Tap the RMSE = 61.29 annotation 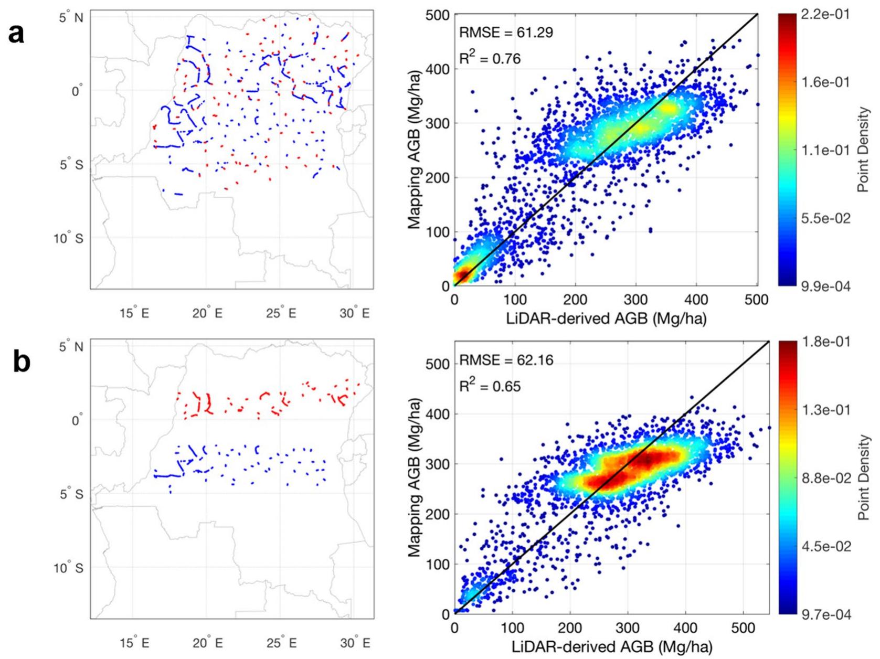click(506, 32)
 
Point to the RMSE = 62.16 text click(506, 360)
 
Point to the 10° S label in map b click(69, 568)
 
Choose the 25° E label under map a click(281, 313)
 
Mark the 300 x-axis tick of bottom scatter click(628, 628)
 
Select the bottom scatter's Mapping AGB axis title click(415, 478)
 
